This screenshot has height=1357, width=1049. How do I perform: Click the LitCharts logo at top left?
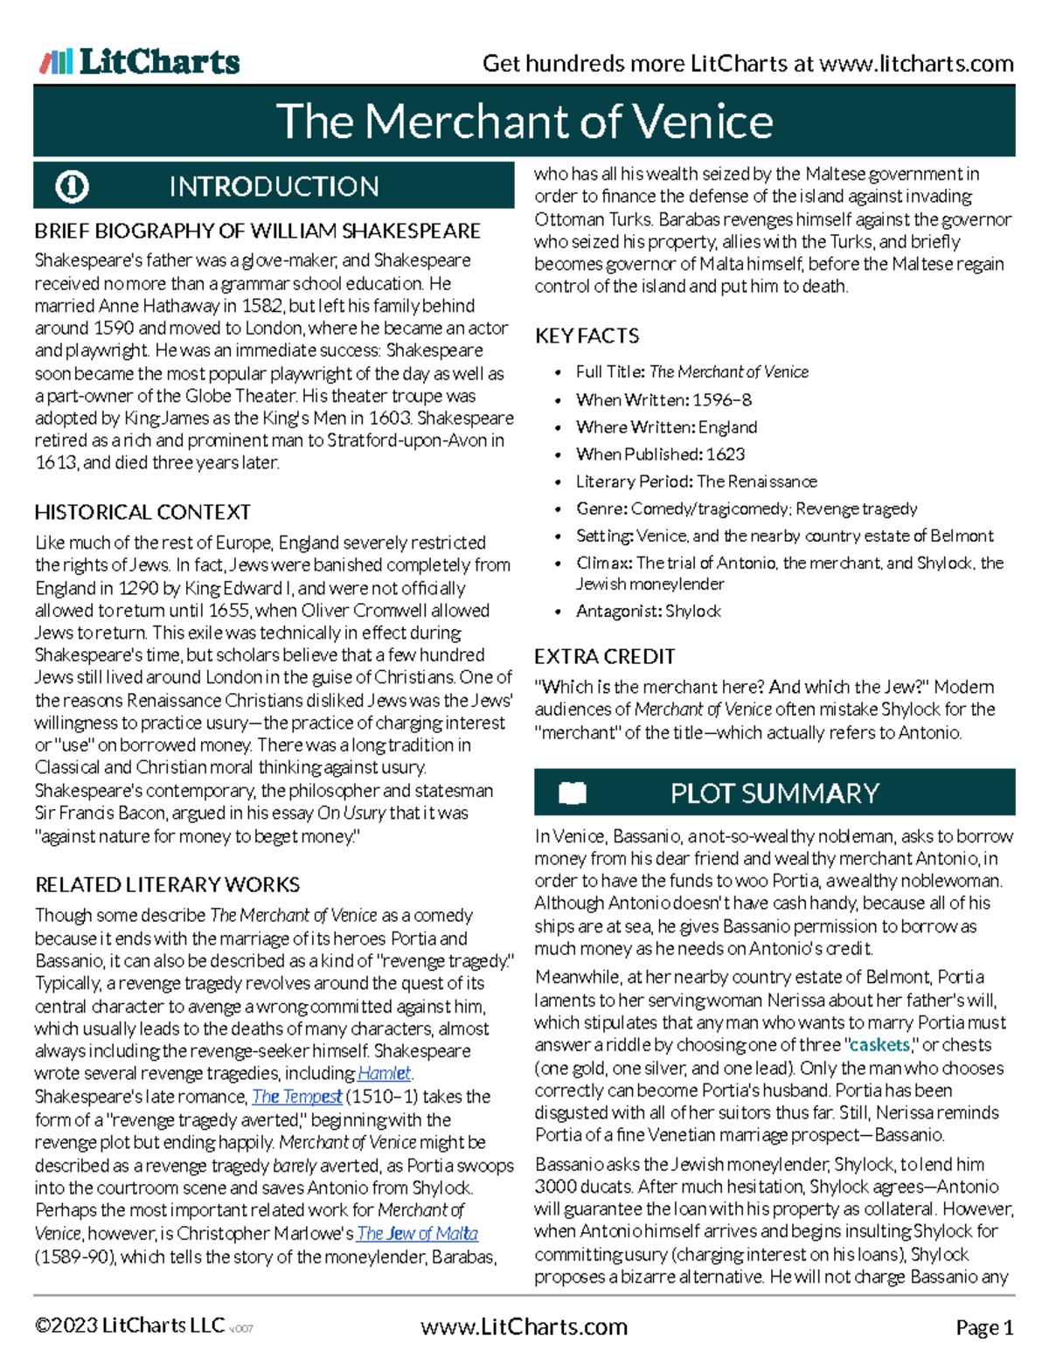[140, 61]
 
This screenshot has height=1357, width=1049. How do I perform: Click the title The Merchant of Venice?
[524, 121]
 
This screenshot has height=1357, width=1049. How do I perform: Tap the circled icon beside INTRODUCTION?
[72, 186]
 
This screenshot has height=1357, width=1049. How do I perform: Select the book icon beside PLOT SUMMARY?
[572, 793]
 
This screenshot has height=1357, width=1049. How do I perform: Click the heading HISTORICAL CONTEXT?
[142, 512]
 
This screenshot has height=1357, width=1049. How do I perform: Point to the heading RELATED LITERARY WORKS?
[167, 884]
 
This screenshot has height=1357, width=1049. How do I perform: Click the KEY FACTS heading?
[587, 336]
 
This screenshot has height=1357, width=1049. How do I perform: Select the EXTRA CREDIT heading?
[604, 656]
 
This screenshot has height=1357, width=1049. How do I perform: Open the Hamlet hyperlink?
[384, 1073]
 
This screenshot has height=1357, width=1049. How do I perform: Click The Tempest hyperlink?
[297, 1096]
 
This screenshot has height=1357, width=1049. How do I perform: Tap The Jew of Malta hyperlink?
[417, 1233]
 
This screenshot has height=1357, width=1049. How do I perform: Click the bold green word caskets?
[879, 1045]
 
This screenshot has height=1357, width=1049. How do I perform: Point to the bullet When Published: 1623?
[660, 454]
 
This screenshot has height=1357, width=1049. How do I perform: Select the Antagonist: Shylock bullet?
[648, 611]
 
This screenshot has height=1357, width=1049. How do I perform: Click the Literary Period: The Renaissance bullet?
[696, 481]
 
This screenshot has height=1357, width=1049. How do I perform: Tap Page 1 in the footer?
[984, 1328]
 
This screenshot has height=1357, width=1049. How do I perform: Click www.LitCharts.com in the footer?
[524, 1326]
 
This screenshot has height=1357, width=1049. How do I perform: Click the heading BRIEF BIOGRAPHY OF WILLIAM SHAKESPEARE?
[257, 231]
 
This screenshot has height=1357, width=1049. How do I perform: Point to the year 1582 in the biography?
[263, 306]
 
